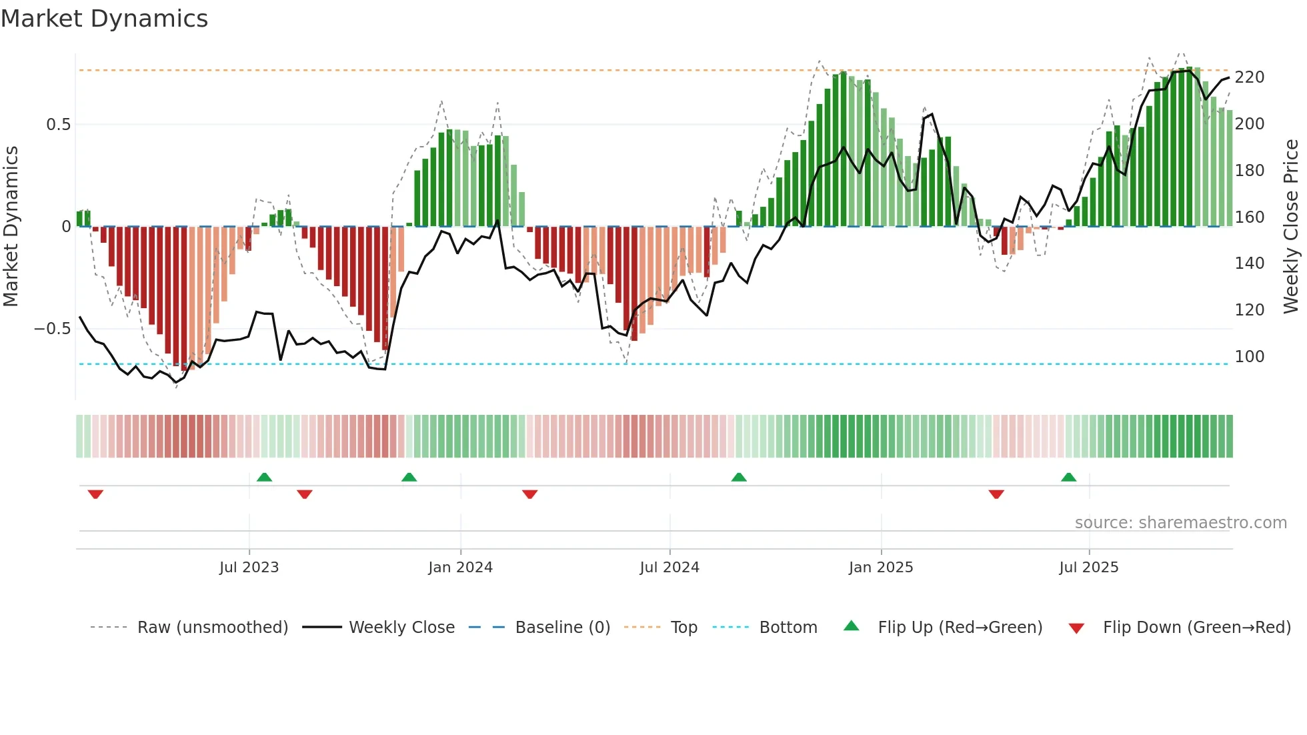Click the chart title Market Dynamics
point(104,19)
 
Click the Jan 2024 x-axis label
point(460,568)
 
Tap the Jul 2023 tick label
point(249,568)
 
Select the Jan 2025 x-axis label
point(880,568)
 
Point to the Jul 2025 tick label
point(1088,568)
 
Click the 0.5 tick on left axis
point(58,125)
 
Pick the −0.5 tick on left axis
point(53,329)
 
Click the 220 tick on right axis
point(1249,77)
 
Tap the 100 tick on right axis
point(1249,357)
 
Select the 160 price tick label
point(1249,217)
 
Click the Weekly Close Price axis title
point(1291,226)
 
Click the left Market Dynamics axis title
point(11,226)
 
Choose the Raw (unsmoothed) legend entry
point(212,628)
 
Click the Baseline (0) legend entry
point(562,628)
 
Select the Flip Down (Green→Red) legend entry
point(1196,628)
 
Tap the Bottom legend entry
point(788,628)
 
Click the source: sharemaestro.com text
point(1180,523)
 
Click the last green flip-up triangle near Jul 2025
point(1068,478)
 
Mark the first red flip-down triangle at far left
point(95,494)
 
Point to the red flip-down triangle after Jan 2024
point(529,494)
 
